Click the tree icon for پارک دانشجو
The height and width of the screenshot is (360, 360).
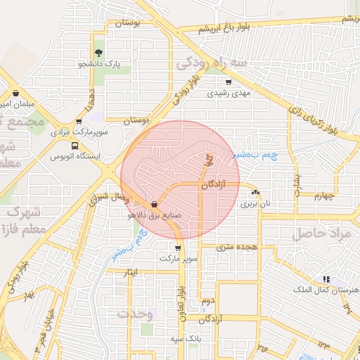pos(99,52)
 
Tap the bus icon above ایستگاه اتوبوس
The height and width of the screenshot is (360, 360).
pos(75,146)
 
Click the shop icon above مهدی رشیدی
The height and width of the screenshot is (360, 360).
pos(229,82)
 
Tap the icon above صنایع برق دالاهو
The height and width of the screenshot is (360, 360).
pos(155,205)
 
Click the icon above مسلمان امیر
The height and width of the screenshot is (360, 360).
pos(15,93)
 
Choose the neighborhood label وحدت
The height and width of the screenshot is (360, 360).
pos(136,314)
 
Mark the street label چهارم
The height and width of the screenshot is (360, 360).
pos(318,195)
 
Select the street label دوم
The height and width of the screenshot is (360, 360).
pos(207,300)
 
